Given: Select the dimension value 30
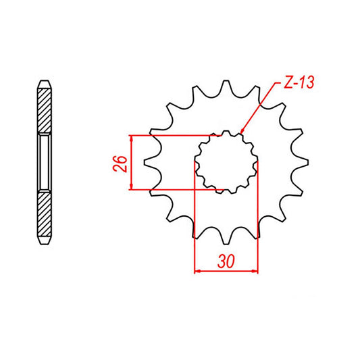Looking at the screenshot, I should coord(226,261).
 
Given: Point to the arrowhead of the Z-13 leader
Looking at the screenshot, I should coord(241,131).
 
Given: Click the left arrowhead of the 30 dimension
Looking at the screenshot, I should coord(197,272).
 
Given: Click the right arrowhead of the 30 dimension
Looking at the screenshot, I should coord(256,272).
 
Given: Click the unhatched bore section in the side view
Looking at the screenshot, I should coord(44,162).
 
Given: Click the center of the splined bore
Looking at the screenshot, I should coord(226,162).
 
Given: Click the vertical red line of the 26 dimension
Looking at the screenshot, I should coord(132,162).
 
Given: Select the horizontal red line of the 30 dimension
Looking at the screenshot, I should coord(226,272).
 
